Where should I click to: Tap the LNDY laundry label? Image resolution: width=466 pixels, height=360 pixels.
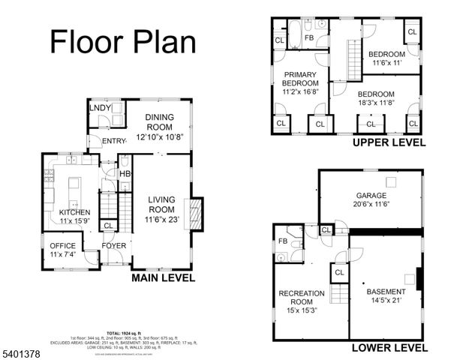tap(100, 108)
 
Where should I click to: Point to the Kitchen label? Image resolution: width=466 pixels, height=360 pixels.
tap(74, 212)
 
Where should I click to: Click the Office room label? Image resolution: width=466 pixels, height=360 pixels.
tap(63, 245)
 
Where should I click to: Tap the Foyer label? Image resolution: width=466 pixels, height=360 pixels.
tap(114, 245)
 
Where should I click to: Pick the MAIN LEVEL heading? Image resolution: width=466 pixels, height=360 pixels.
tap(163, 278)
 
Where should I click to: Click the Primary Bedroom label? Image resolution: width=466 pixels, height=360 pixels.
tap(300, 78)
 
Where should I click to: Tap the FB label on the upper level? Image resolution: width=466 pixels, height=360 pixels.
tap(308, 38)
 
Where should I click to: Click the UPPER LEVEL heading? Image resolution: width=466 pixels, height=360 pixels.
tap(389, 142)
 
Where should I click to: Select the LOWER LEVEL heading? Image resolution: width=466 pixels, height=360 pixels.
tap(390, 347)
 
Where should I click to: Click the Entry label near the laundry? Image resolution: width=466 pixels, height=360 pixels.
tap(115, 140)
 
